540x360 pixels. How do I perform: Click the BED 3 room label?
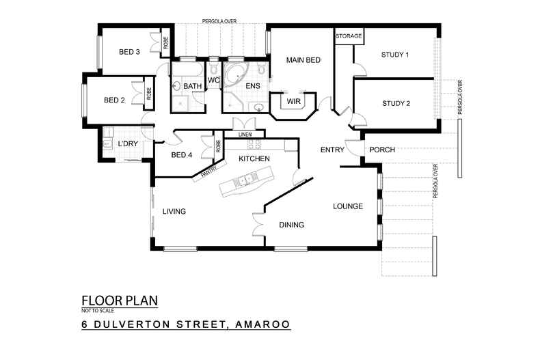click(x=129, y=52)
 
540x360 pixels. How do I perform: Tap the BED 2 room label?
click(x=114, y=100)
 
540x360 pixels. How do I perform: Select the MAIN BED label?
click(x=303, y=60)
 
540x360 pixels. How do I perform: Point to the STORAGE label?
click(x=349, y=35)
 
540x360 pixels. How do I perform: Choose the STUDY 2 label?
click(x=396, y=104)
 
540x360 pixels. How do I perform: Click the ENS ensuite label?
click(x=253, y=87)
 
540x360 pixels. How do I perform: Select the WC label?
click(x=213, y=80)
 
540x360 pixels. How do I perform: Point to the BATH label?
click(x=192, y=86)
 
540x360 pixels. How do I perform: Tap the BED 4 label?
click(x=181, y=155)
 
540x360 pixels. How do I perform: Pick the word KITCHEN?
click(x=254, y=159)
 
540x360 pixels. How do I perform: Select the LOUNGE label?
click(x=347, y=206)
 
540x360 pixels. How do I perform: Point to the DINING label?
click(x=291, y=225)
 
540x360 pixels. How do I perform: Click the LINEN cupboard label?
click(x=245, y=135)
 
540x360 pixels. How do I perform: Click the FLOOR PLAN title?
click(x=120, y=301)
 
